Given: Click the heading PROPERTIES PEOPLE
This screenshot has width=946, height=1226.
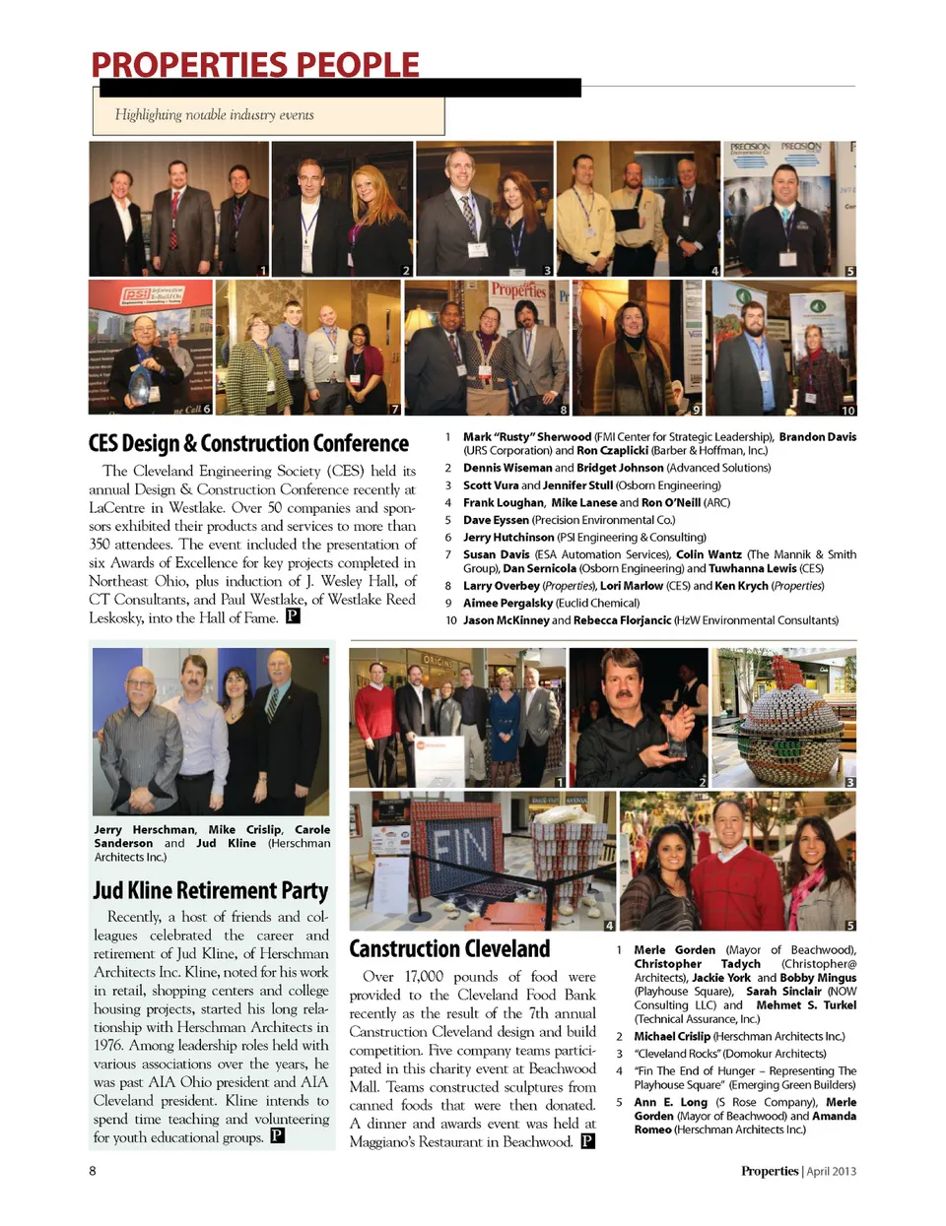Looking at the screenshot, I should (x=255, y=65).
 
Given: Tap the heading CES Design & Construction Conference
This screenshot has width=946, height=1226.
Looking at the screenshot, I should (x=248, y=443).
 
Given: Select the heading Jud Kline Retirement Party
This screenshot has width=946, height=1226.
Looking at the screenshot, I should (x=210, y=890).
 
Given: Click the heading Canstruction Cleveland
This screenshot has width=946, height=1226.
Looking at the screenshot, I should (x=449, y=948).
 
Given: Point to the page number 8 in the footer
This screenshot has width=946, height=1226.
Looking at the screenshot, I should (x=93, y=1170).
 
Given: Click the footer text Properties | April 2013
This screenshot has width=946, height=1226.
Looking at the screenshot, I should (x=798, y=1171).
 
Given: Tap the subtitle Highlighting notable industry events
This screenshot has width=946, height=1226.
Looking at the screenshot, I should (x=214, y=115).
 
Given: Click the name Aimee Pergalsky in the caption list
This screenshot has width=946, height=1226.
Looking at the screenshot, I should (x=507, y=603).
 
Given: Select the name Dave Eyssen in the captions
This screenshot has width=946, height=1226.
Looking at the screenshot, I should (x=496, y=519).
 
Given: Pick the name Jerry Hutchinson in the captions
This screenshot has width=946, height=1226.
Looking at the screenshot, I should (x=508, y=537).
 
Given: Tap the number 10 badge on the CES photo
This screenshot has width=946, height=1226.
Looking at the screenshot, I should (x=847, y=410).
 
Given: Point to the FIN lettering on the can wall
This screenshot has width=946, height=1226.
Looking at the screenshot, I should (x=460, y=846).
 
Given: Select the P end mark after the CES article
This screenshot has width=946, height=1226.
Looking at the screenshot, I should (x=293, y=616).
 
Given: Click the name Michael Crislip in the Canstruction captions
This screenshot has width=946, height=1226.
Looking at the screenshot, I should (x=671, y=1036).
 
